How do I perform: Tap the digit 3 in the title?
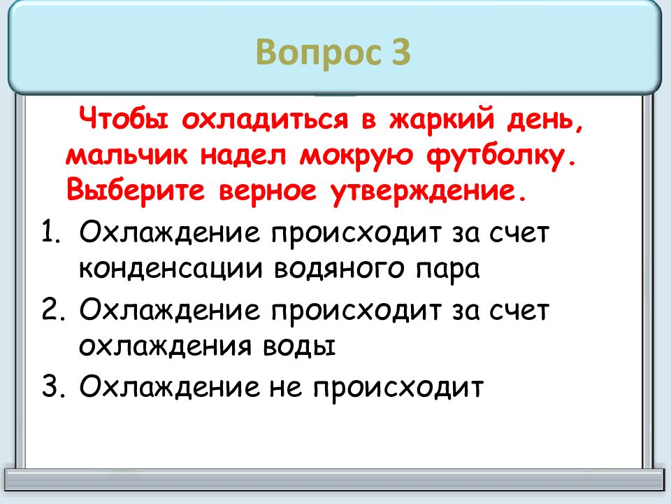pyautogui.click(x=400, y=53)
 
